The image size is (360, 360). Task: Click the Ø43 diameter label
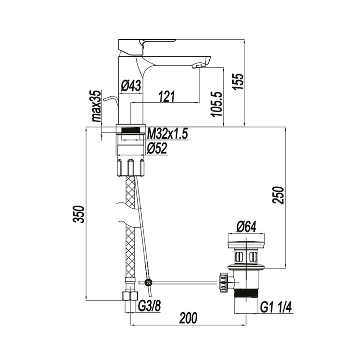[x=131, y=86]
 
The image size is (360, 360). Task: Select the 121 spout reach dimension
[x=167, y=96]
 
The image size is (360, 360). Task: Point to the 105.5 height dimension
[x=217, y=104]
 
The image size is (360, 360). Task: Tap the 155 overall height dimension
[x=238, y=81]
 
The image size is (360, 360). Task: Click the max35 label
[x=96, y=106]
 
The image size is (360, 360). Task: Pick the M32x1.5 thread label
[x=167, y=134]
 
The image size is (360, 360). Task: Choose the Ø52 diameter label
[x=157, y=148]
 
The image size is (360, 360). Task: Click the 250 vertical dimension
[x=278, y=195]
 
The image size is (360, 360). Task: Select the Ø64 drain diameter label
[x=246, y=228]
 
